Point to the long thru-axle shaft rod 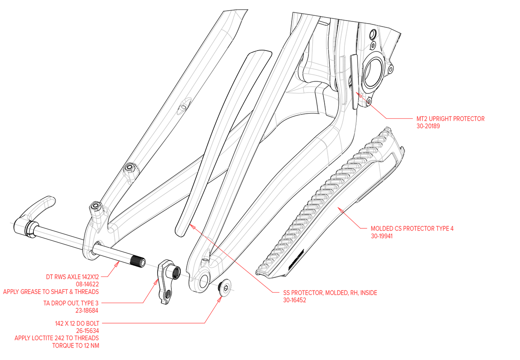click(x=86, y=245)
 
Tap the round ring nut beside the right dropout click(x=226, y=287)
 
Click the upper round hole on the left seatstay click(x=184, y=105)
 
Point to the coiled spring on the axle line click(x=176, y=273)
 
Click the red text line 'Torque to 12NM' click(x=76, y=345)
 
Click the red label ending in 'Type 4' click(x=412, y=228)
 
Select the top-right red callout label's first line click(x=450, y=119)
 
